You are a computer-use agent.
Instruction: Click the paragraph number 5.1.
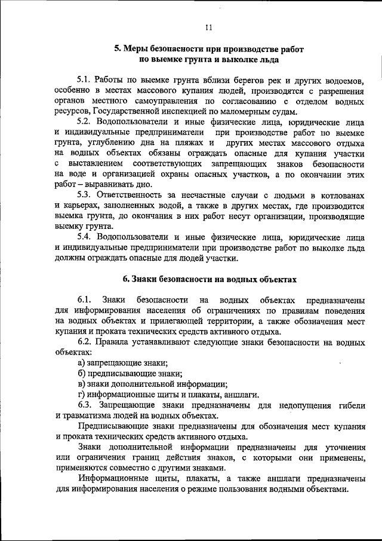pos(85,80)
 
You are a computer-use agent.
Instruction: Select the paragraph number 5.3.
pos(85,195)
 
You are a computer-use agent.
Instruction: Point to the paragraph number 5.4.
pos(85,237)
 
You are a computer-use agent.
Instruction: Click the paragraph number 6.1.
pos(84,299)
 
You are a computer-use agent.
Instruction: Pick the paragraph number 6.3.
pos(85,405)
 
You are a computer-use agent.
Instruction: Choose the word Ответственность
pos(137,195)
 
